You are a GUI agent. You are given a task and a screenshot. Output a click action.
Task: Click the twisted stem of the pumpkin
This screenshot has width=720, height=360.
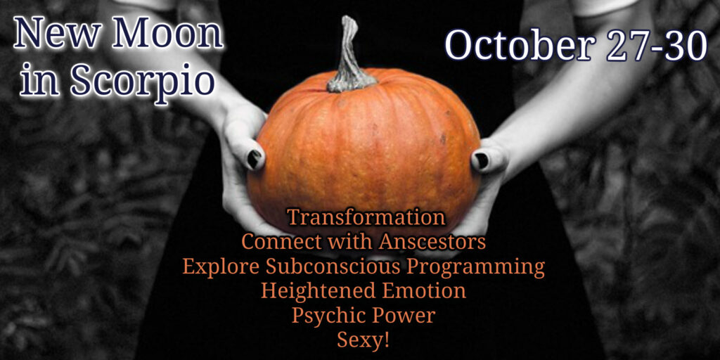pyautogui.click(x=350, y=54)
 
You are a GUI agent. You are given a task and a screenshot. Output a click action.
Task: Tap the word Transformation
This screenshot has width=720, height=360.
pyautogui.click(x=366, y=217)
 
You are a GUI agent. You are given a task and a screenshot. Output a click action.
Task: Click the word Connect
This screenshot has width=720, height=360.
pyautogui.click(x=274, y=242)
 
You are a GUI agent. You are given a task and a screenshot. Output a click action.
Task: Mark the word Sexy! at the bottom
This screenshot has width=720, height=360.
pyautogui.click(x=364, y=341)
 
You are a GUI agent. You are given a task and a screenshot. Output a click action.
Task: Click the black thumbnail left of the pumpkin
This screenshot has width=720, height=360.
pyautogui.click(x=253, y=158)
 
